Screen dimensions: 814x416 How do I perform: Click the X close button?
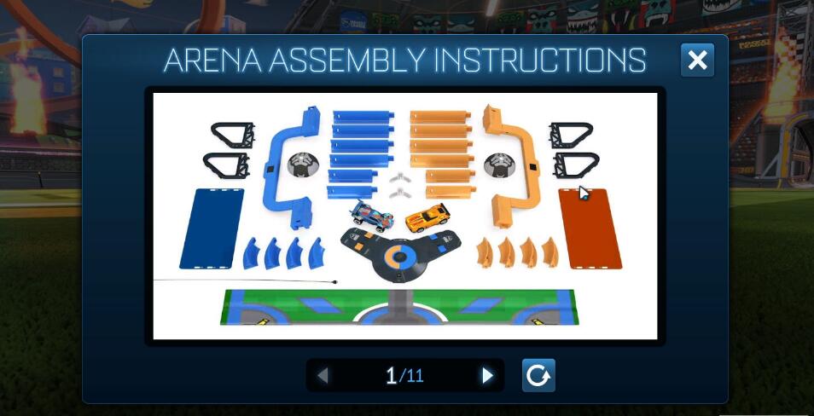[697, 61]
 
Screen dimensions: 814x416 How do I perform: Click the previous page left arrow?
[323, 375]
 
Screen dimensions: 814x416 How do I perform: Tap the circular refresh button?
[538, 375]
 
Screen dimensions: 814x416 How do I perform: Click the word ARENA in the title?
[213, 61]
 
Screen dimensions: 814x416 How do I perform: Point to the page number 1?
[391, 375]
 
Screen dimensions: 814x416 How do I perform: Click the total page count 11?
[415, 376]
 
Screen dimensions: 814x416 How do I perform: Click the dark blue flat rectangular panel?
[212, 228]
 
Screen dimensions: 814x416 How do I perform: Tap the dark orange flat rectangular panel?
[590, 228]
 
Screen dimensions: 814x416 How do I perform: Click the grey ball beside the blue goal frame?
[300, 164]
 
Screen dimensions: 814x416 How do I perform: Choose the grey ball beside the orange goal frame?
[497, 165]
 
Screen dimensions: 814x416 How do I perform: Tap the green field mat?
[398, 307]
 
